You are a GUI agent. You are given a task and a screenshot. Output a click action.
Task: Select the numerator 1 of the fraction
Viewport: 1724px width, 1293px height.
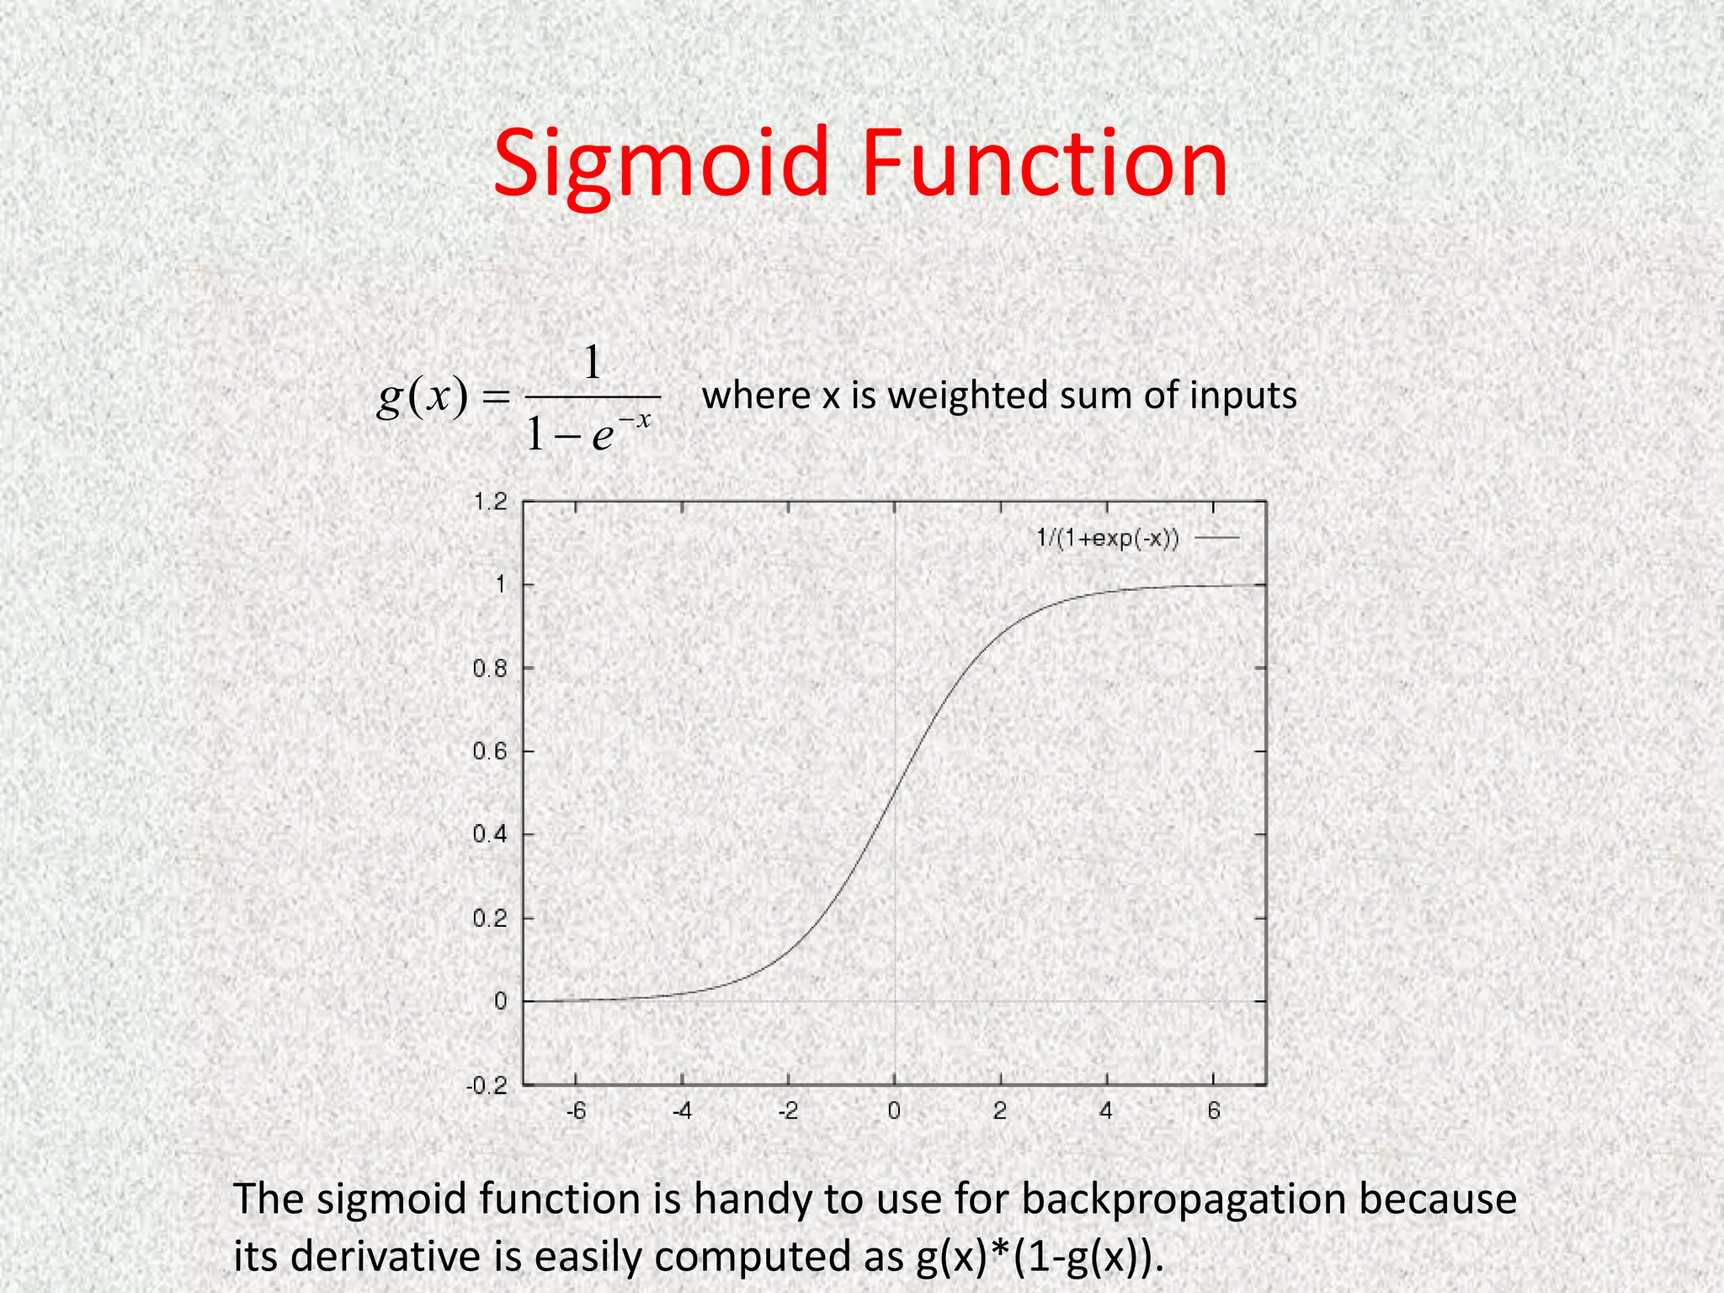coord(593,364)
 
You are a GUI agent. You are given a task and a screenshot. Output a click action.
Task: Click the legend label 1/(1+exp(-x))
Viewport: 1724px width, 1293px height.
coord(1107,538)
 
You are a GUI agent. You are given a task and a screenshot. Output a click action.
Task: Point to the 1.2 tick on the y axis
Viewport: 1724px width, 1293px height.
coord(491,503)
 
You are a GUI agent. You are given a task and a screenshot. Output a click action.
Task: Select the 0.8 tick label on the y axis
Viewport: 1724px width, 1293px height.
coord(490,669)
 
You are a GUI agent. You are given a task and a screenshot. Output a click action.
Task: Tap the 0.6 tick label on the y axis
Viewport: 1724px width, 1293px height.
coord(490,752)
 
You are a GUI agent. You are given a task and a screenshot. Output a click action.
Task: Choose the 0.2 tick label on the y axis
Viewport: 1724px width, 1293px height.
coord(490,918)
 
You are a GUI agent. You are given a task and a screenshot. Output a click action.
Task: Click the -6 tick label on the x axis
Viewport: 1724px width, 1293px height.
coord(576,1112)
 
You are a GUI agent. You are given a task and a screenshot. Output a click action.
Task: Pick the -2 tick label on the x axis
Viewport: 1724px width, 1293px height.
coord(787,1112)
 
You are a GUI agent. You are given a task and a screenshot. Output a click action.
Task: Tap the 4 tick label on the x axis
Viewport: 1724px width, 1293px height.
coord(1106,1112)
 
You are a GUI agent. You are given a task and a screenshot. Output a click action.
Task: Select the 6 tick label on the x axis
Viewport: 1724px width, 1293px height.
coord(1213,1112)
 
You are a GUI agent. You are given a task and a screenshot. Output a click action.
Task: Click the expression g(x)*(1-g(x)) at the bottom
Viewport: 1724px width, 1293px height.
coord(1040,1256)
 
